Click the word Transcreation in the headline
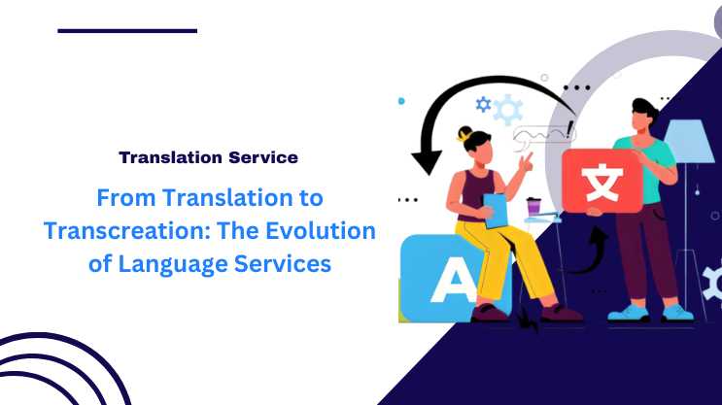pyautogui.click(x=147, y=231)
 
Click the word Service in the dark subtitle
pyautogui.click(x=258, y=155)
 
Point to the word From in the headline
pyautogui.click(x=120, y=198)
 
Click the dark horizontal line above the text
pyautogui.click(x=127, y=30)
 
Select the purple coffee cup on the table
pyautogui.click(x=533, y=206)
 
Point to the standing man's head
pyautogui.click(x=645, y=116)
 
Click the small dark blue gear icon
pyautogui.click(x=483, y=104)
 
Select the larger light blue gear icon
pyautogui.click(x=507, y=110)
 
